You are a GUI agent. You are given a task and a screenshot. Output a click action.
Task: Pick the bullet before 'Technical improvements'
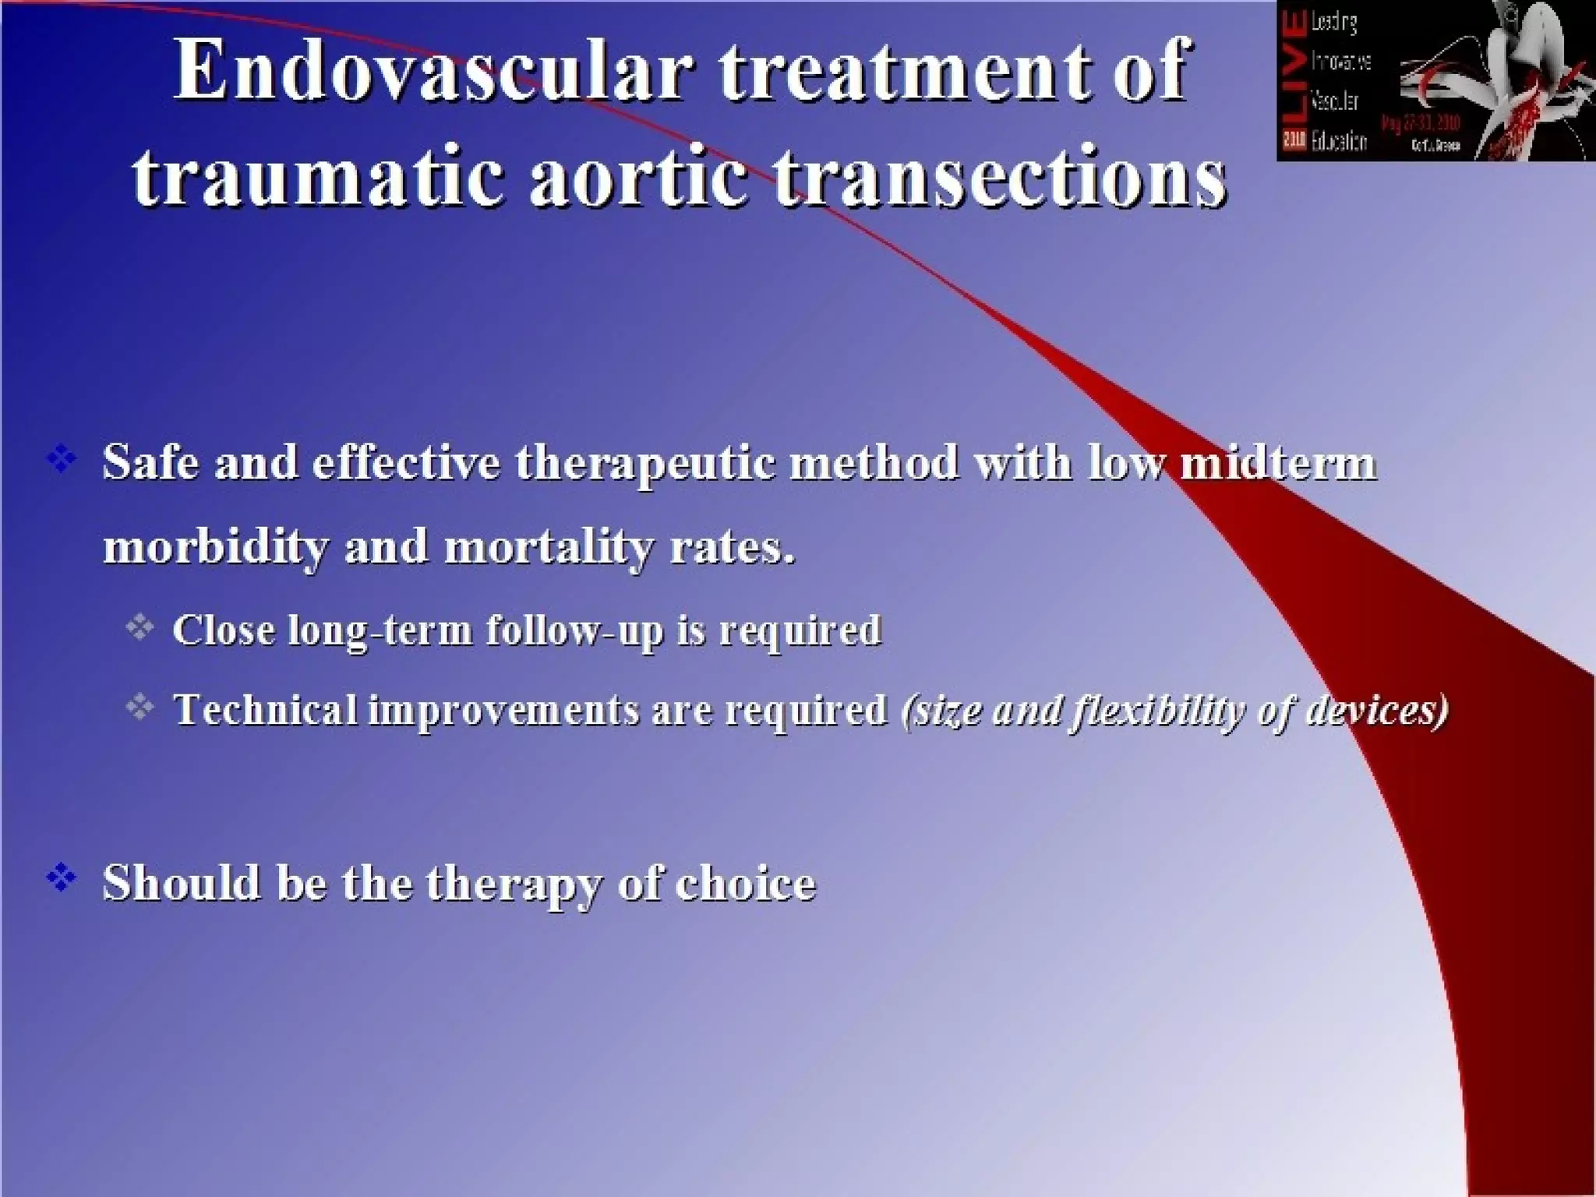point(140,706)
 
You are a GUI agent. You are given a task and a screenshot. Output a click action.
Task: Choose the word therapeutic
point(645,464)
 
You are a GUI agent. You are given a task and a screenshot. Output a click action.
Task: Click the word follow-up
point(574,631)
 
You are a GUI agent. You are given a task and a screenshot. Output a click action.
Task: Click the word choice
point(745,883)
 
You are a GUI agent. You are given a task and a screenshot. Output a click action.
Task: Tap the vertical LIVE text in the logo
point(1294,78)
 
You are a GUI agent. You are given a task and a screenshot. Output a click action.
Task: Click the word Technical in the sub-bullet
point(265,709)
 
